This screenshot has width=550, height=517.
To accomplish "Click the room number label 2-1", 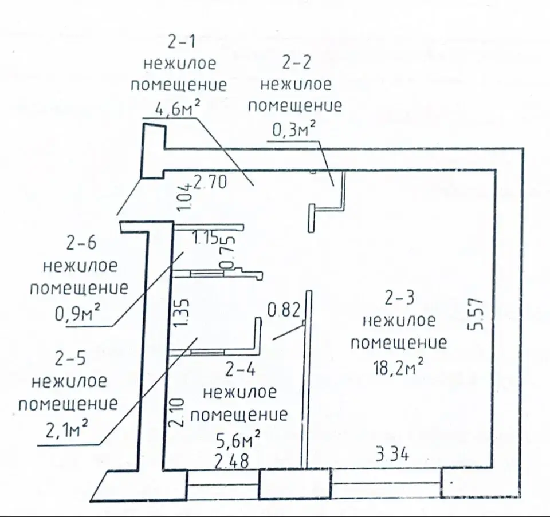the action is click(x=182, y=42).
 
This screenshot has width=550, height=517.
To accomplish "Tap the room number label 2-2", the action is click(x=296, y=63).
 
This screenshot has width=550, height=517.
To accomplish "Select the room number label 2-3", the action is click(x=399, y=298).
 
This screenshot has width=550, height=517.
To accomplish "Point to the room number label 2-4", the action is click(x=240, y=369).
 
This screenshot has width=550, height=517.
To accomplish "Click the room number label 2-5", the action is click(x=70, y=358).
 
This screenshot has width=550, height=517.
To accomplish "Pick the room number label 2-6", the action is click(x=81, y=243).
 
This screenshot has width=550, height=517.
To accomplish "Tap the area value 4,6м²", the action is click(x=178, y=108).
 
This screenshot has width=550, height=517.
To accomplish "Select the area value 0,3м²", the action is click(x=293, y=129).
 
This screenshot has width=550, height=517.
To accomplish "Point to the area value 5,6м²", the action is click(x=238, y=440).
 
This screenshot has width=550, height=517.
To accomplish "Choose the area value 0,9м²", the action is click(x=77, y=313).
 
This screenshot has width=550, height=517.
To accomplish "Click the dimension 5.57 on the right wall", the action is click(x=476, y=314).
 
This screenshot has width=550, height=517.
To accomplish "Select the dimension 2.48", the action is click(x=231, y=461).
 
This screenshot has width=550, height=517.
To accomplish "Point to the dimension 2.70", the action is click(x=210, y=182).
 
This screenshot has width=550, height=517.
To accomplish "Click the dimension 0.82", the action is click(x=284, y=310).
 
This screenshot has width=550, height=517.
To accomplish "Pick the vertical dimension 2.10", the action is click(x=176, y=412).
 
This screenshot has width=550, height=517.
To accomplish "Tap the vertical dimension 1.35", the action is click(x=182, y=312).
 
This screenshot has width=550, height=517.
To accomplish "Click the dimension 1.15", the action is click(x=206, y=238).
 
